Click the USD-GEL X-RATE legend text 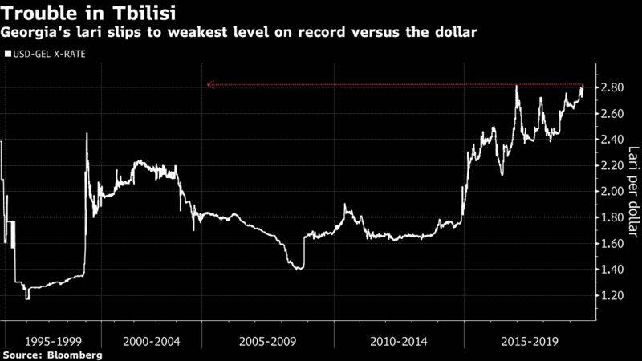pyautogui.click(x=48, y=55)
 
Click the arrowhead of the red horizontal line pyautogui.click(x=209, y=84)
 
